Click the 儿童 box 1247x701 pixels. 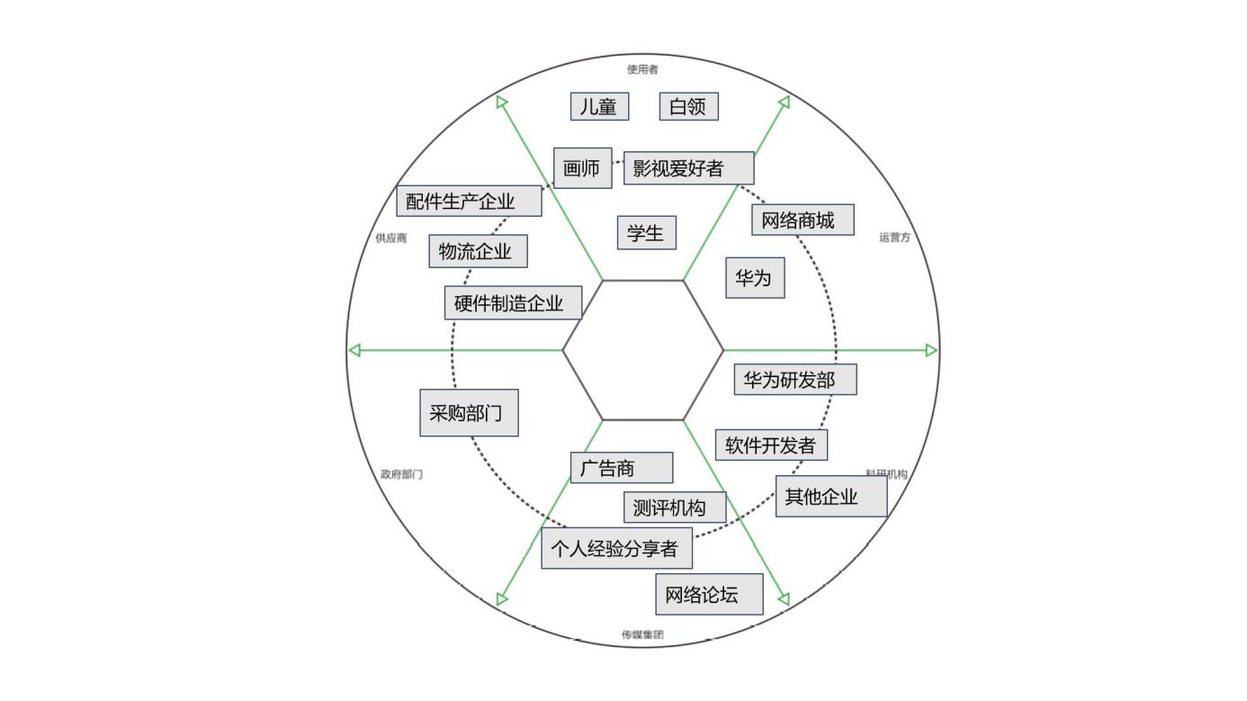point(599,106)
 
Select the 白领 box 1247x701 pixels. point(688,106)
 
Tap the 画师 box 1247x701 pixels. point(582,168)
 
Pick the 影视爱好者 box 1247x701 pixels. point(688,168)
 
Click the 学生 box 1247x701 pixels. point(646,233)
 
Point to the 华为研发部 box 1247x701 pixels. point(795,380)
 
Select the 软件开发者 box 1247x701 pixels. point(771,445)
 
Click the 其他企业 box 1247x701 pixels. point(830,497)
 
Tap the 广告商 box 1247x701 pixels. point(621,468)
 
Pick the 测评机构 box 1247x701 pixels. point(675,508)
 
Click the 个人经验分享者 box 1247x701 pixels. point(616,549)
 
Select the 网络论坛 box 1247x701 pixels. point(709,594)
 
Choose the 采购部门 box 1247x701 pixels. point(469,413)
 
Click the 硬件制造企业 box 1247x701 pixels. point(513,303)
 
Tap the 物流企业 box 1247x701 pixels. point(478,251)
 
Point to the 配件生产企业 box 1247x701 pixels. point(469,201)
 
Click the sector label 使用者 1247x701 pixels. point(642,70)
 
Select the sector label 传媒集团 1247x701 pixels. point(642,634)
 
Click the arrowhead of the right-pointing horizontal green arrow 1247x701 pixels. point(931,350)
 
